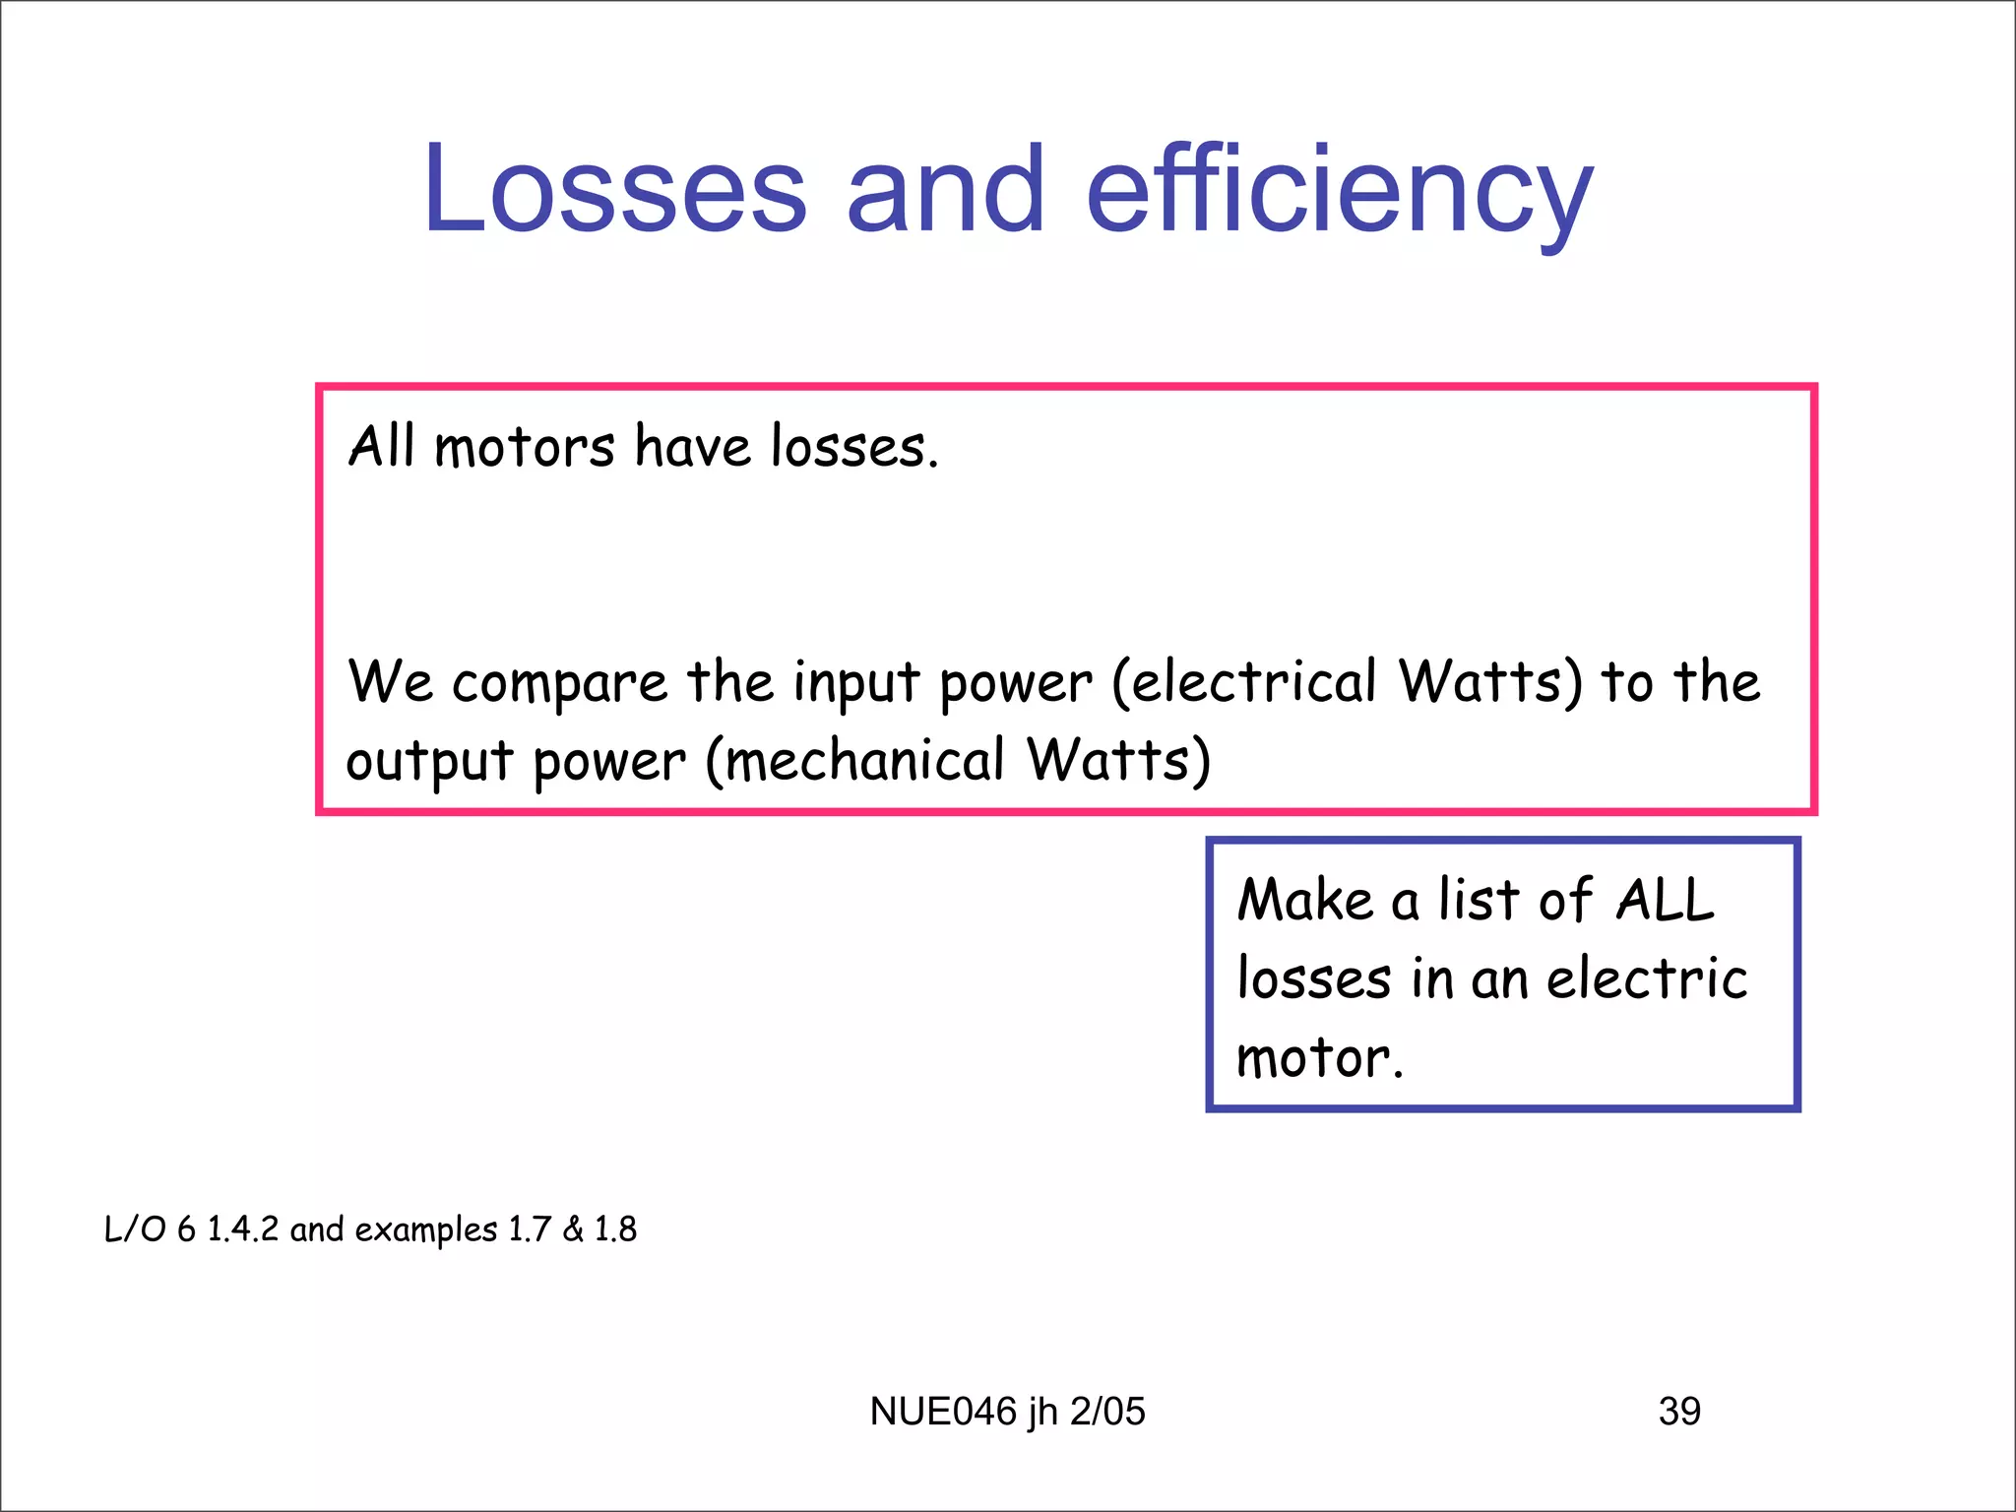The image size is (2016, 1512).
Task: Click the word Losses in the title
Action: tap(615, 189)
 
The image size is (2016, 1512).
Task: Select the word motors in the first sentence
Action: tap(524, 447)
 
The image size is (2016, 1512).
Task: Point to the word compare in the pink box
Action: tap(559, 683)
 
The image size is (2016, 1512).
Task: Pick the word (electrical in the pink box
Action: tap(1243, 681)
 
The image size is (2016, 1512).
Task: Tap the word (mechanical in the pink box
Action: tap(854, 761)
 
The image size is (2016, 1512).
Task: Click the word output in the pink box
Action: tap(429, 761)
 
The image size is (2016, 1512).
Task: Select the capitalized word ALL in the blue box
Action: tap(1664, 900)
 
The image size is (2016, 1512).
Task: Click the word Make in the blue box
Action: tap(1304, 900)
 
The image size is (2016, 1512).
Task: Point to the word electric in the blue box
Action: tap(1647, 978)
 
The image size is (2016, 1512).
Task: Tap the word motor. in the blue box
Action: tap(1319, 1058)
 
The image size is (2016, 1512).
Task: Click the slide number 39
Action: tap(1679, 1412)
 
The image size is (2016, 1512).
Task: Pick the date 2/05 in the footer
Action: tap(1107, 1412)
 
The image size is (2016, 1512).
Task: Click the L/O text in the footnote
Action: tap(135, 1229)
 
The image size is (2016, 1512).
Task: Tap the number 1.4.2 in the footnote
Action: tap(243, 1229)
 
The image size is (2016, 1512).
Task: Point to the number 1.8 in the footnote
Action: tap(615, 1229)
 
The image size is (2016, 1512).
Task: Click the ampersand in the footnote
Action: tap(573, 1229)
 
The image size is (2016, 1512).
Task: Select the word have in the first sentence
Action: tap(692, 447)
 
